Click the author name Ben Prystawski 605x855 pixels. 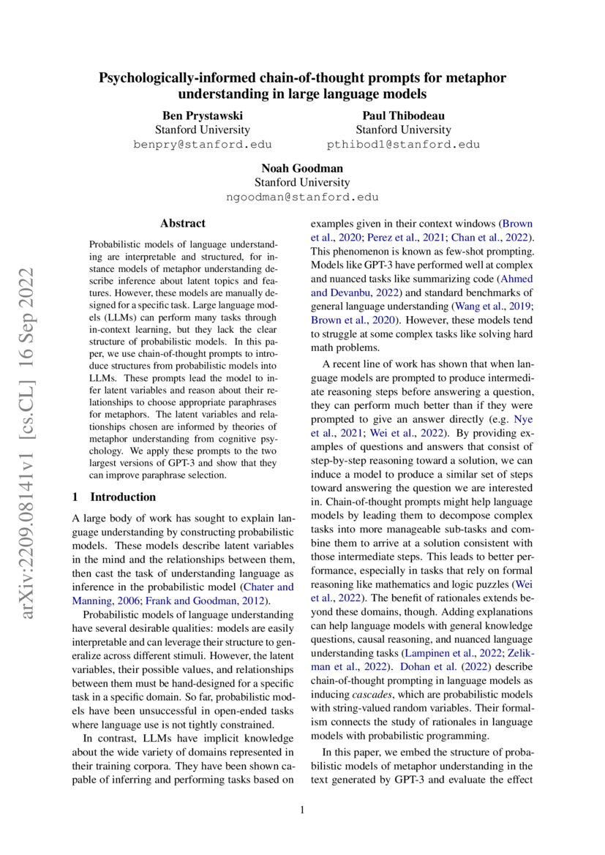coord(202,116)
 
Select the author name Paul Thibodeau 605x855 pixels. coord(403,116)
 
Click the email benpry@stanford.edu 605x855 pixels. coord(202,145)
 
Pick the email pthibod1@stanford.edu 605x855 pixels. coord(403,145)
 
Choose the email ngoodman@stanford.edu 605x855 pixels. coord(302,197)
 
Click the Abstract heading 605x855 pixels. coord(183,224)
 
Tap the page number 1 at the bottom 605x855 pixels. coord(302,810)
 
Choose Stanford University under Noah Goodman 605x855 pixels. coord(302,183)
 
